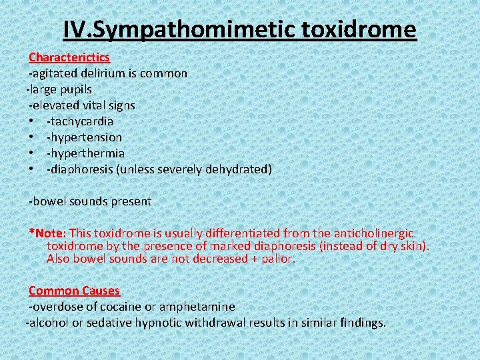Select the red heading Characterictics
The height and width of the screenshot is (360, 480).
69,57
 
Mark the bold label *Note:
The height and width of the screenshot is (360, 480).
47,233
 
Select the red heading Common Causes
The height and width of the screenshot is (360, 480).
74,291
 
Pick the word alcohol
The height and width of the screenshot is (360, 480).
46,323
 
